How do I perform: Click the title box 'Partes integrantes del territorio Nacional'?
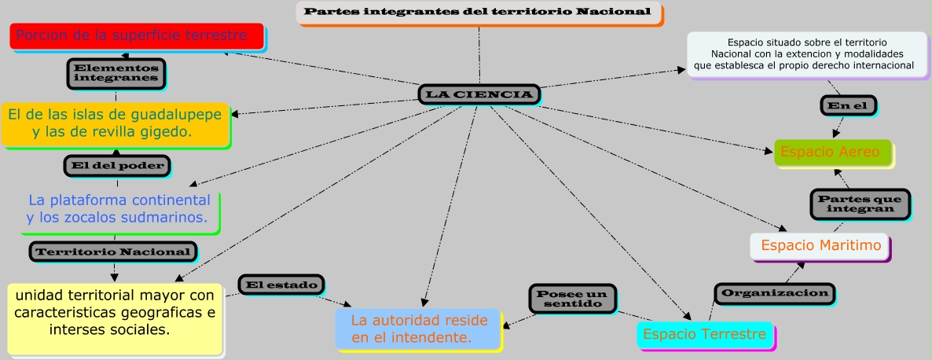click(478, 13)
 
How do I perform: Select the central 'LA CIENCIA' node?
click(479, 95)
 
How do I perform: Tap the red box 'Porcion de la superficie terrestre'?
click(137, 36)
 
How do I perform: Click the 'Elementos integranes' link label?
click(116, 73)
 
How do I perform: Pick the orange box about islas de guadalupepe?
click(115, 123)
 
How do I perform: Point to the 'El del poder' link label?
click(116, 165)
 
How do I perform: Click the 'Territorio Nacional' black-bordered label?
click(113, 252)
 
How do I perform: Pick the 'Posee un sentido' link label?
click(572, 298)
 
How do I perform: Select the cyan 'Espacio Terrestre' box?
click(704, 335)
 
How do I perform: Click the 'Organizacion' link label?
click(775, 293)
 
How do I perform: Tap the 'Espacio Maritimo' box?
click(819, 245)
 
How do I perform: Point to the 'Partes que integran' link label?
click(860, 204)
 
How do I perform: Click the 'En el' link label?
click(848, 105)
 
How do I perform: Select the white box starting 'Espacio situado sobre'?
click(805, 53)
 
